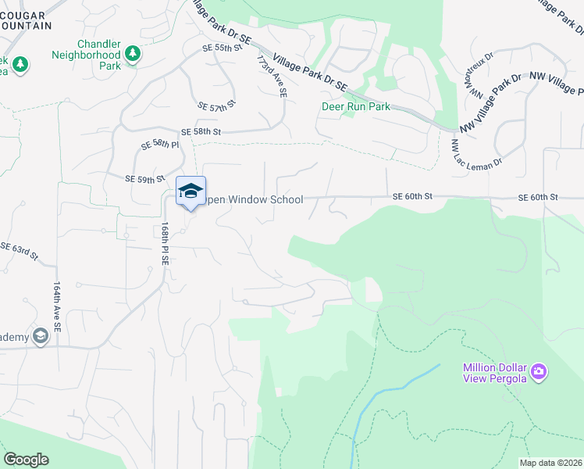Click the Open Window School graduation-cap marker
(x=191, y=191)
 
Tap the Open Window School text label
(x=254, y=200)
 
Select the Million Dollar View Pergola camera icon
(x=538, y=373)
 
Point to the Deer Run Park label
(x=356, y=106)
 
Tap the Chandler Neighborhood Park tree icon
(x=134, y=53)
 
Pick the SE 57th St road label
(x=217, y=106)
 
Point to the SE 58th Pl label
(x=159, y=145)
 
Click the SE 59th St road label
(x=144, y=179)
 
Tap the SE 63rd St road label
(x=19, y=252)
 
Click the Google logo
(x=26, y=460)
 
